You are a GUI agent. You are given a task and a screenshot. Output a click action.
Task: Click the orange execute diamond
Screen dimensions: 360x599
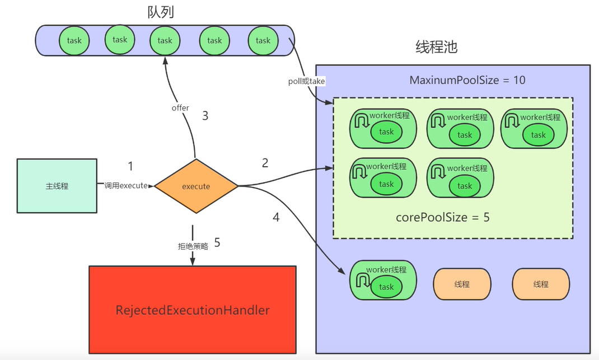196,186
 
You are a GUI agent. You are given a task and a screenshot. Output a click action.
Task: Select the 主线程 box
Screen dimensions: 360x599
57,186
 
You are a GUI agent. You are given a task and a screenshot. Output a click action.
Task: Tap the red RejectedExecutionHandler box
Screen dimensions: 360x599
193,310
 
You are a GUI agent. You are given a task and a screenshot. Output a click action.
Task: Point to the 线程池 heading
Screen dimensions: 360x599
437,47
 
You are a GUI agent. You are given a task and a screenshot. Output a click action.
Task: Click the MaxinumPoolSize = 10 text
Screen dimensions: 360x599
467,80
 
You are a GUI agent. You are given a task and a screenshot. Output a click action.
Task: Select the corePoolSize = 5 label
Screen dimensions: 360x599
442,217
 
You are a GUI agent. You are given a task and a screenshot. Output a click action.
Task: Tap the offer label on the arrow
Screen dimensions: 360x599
180,107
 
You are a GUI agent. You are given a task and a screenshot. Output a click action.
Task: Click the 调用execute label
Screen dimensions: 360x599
125,186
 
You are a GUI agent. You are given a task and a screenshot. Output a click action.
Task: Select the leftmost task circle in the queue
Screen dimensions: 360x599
74,40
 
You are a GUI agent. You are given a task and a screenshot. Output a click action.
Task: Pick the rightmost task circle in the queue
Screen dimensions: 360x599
263,40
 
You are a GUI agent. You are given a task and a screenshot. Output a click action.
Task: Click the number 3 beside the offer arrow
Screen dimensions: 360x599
205,116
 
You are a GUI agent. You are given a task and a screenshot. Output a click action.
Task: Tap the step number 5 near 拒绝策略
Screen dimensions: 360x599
217,243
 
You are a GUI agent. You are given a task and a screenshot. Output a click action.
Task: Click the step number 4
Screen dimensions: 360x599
276,217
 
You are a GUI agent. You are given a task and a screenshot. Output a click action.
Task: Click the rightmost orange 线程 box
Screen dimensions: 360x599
541,284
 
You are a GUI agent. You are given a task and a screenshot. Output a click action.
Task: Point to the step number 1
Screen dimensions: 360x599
130,166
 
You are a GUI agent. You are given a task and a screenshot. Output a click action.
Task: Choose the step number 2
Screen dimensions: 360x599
265,163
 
